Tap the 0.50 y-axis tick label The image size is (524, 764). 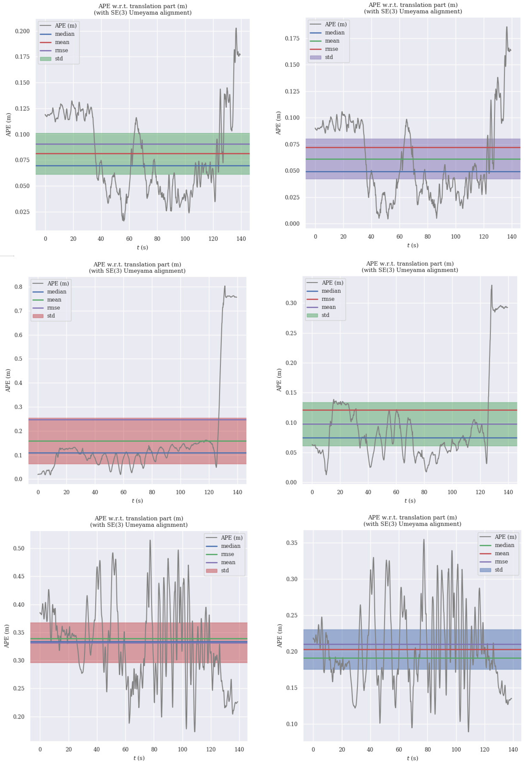pos(19,548)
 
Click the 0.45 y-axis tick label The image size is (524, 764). pos(19,576)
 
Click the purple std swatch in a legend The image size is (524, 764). pos(315,57)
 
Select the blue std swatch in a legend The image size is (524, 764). pos(485,570)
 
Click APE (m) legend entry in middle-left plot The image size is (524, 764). pos(50,283)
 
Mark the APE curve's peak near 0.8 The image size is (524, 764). pos(225,286)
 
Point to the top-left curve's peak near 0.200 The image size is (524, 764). pos(236,29)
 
